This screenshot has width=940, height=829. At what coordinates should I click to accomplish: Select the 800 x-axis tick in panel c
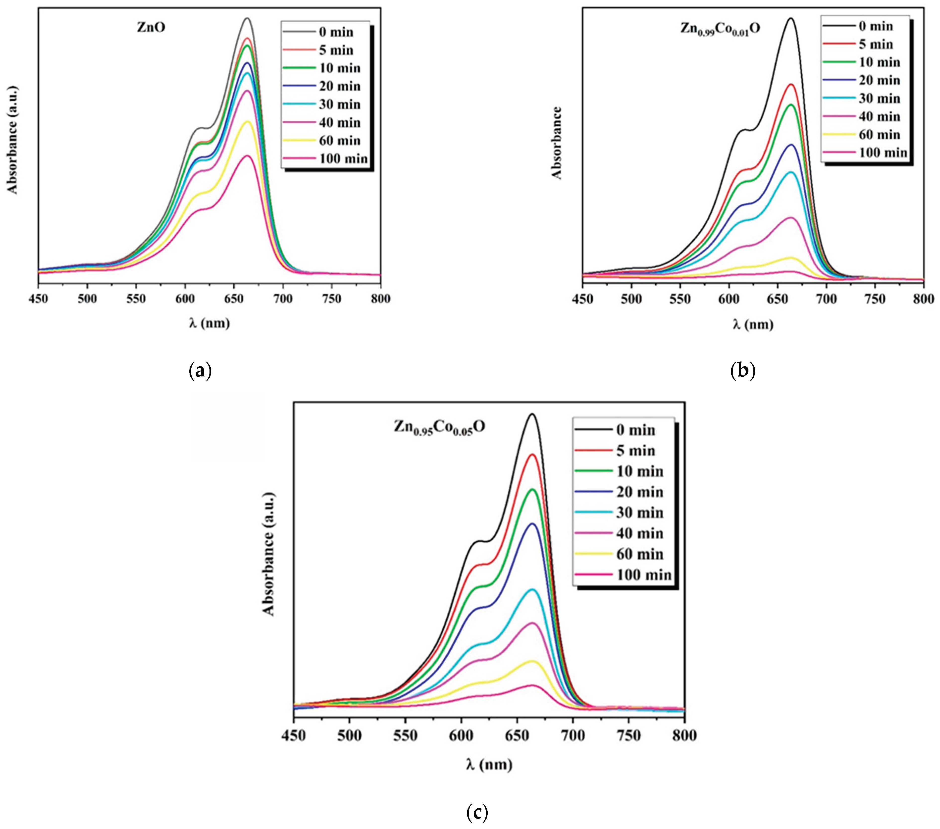(x=684, y=736)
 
